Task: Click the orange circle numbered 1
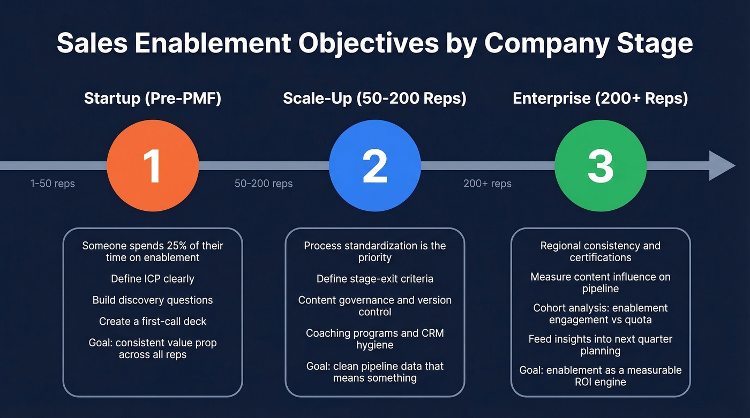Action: tap(153, 166)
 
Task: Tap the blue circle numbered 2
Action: tap(375, 166)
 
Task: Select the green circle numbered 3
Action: tap(601, 166)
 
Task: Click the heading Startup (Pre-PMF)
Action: tap(153, 98)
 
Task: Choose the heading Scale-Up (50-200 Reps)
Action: tap(374, 98)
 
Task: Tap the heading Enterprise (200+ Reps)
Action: tap(601, 98)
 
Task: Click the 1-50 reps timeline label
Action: tap(52, 184)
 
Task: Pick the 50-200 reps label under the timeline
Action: tap(264, 184)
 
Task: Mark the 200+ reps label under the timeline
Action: tap(487, 184)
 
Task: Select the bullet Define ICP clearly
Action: tap(153, 279)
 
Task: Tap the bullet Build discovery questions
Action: tap(153, 300)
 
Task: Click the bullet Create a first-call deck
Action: tap(153, 322)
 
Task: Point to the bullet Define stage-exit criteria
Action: tap(375, 279)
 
